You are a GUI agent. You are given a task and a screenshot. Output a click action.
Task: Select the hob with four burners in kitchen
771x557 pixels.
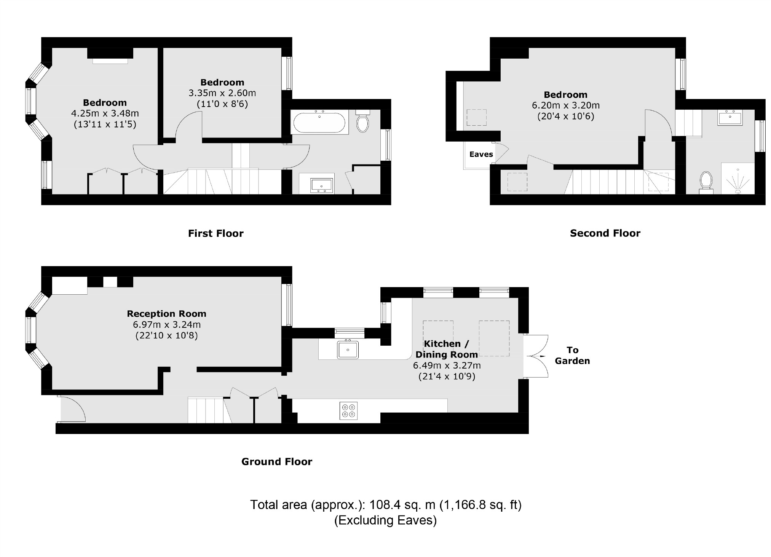coord(349,410)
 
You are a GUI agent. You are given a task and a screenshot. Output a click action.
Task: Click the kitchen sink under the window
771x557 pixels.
coord(348,350)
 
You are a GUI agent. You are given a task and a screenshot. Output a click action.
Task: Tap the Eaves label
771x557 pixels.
coord(481,154)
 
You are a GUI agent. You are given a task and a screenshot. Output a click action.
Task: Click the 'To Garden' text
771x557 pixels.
coord(572,355)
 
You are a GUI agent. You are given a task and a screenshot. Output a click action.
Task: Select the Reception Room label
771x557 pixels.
coord(166,314)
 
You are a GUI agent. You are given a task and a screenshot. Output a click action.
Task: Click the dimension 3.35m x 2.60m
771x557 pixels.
coord(222,93)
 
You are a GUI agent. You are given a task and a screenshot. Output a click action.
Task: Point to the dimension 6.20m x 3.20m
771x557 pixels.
coord(565,105)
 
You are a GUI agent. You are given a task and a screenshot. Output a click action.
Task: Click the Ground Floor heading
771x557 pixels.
coord(277,461)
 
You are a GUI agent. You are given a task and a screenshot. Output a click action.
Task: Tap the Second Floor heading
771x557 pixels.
coord(605,233)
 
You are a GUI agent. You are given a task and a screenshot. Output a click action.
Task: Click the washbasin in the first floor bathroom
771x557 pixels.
coord(322,185)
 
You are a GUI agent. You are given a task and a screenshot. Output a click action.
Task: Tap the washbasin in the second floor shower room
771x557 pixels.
coord(729,118)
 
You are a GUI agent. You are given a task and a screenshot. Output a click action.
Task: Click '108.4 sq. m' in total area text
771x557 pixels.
coord(402,505)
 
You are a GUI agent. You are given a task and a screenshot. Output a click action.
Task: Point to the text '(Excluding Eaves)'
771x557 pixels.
coord(385,520)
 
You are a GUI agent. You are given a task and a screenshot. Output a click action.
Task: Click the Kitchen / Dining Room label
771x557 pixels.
coord(446,349)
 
